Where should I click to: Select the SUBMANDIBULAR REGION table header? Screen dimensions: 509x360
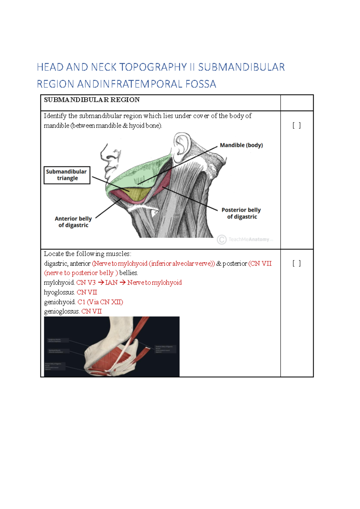click(92, 100)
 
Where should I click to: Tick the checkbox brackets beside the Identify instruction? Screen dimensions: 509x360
click(296, 125)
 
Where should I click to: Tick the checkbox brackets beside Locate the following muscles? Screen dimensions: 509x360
click(296, 263)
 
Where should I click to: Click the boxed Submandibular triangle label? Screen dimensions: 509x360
click(67, 175)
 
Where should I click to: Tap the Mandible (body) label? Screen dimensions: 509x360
click(241, 145)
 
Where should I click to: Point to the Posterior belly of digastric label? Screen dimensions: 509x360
click(241, 213)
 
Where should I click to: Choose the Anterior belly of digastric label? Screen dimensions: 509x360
click(73, 222)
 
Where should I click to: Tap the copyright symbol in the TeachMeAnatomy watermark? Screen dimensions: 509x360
click(222, 240)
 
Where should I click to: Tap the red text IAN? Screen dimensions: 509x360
click(111, 283)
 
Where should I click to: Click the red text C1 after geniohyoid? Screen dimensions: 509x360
click(81, 302)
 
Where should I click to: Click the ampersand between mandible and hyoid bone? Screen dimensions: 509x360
click(125, 126)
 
